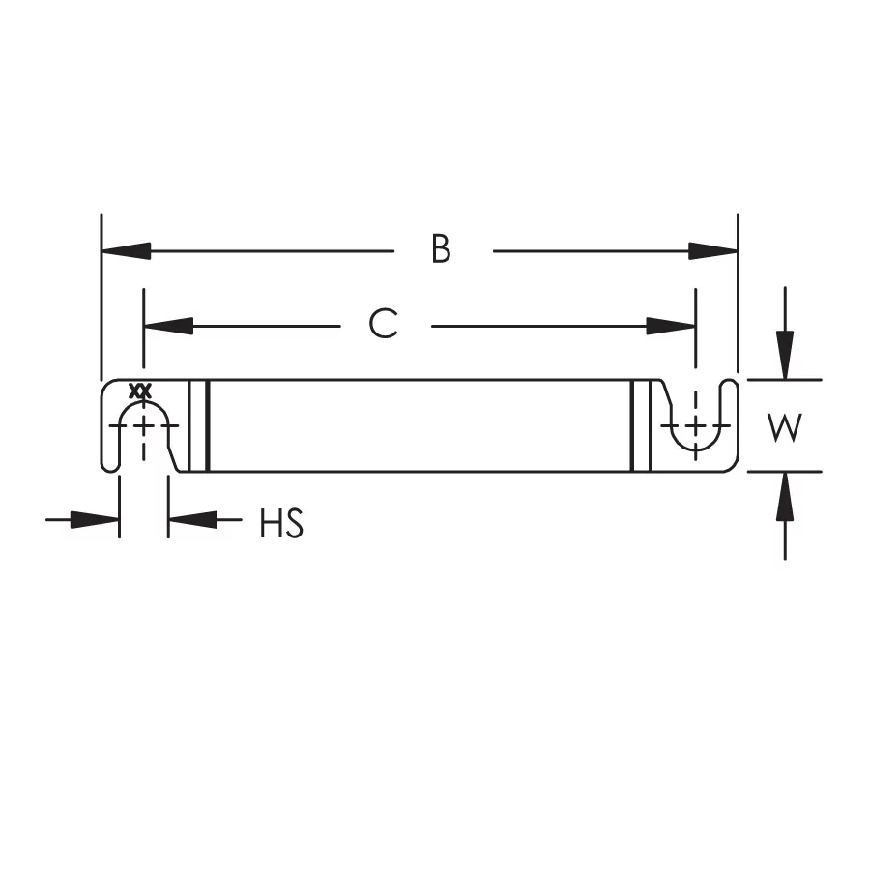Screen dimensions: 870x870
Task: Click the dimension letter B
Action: click(x=441, y=249)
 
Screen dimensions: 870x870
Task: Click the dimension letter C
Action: click(x=384, y=325)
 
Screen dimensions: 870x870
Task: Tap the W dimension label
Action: click(x=785, y=426)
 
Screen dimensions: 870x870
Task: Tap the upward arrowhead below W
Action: click(x=785, y=496)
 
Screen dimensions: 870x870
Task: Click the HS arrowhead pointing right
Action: click(x=96, y=520)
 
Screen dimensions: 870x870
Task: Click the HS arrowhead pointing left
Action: click(x=191, y=520)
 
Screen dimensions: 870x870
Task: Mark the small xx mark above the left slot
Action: click(x=142, y=391)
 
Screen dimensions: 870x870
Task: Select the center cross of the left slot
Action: click(x=144, y=425)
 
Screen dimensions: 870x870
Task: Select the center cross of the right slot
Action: click(x=694, y=425)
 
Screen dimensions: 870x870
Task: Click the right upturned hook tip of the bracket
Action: click(x=731, y=387)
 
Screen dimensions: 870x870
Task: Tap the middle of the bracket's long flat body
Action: click(x=420, y=425)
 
